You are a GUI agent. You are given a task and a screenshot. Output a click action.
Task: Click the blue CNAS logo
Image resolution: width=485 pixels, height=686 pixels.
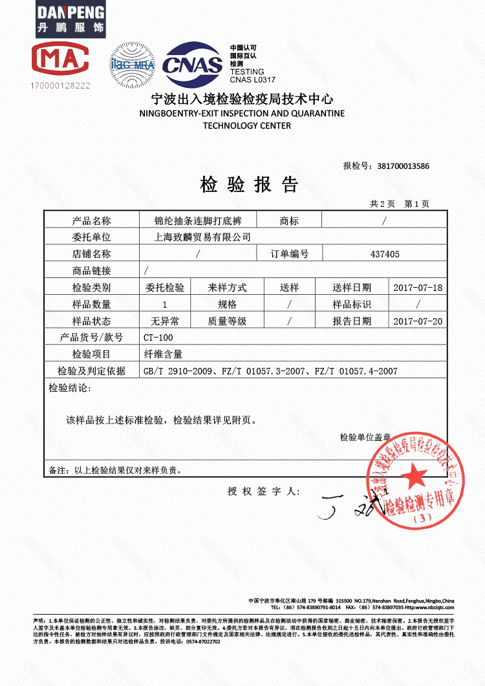pos(192,65)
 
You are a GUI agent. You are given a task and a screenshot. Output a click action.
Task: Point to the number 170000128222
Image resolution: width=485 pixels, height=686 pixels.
pos(59,85)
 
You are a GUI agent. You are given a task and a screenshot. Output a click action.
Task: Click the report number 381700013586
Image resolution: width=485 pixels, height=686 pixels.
pos(403,166)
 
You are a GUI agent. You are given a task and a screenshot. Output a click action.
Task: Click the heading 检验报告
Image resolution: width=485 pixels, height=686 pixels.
pos(249,186)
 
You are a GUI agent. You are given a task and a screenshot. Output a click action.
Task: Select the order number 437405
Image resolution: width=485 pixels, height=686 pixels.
pos(385,254)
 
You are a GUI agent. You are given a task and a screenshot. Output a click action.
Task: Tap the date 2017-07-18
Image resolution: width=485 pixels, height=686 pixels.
pos(418,288)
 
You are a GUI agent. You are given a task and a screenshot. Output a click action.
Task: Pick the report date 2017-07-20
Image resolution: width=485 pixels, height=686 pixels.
pos(418,321)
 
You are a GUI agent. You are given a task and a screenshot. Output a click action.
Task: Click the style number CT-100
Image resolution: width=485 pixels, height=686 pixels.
pos(158,338)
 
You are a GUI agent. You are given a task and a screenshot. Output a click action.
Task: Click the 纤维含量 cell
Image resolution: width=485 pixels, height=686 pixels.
pos(162,354)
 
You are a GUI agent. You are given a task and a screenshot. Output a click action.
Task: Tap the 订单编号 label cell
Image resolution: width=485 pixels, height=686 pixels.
pos(289,254)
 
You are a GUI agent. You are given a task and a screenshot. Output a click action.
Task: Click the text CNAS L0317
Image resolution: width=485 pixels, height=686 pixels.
pos(253,80)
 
